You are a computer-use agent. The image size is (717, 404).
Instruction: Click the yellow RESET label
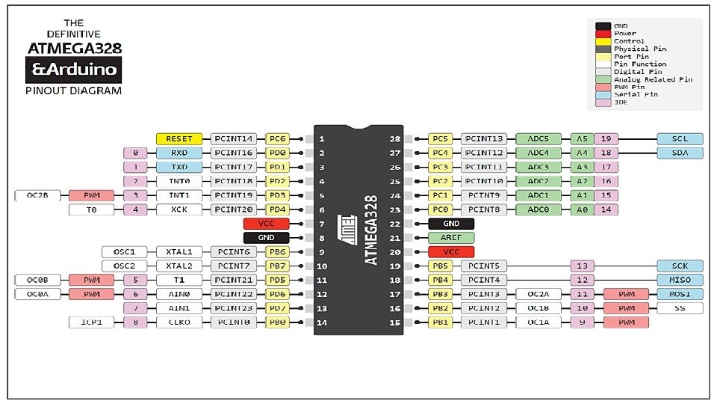(x=179, y=138)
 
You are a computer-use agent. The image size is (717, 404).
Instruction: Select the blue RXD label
(x=179, y=153)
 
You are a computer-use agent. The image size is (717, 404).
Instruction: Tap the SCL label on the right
(x=680, y=138)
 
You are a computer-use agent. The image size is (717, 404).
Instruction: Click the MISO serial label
(x=680, y=280)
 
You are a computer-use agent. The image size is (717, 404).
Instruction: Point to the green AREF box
(x=451, y=238)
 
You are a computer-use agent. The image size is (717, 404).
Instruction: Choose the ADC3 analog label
(x=538, y=167)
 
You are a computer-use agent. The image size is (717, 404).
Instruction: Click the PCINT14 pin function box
(x=234, y=138)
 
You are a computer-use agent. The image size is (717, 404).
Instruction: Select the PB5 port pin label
(x=440, y=266)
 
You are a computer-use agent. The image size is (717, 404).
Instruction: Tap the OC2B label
(x=37, y=195)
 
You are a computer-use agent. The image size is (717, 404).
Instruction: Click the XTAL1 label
(x=179, y=252)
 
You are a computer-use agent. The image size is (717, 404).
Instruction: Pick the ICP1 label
(x=91, y=322)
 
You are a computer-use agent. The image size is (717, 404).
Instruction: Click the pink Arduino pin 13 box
(x=581, y=266)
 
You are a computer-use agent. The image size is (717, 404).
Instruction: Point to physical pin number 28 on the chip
(x=396, y=138)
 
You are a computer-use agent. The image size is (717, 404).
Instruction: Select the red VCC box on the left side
(x=266, y=224)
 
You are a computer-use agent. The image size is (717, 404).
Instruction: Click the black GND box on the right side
(x=451, y=224)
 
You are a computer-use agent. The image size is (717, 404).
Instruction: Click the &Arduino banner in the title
(x=73, y=70)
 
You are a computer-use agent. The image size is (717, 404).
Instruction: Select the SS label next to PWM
(x=680, y=308)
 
